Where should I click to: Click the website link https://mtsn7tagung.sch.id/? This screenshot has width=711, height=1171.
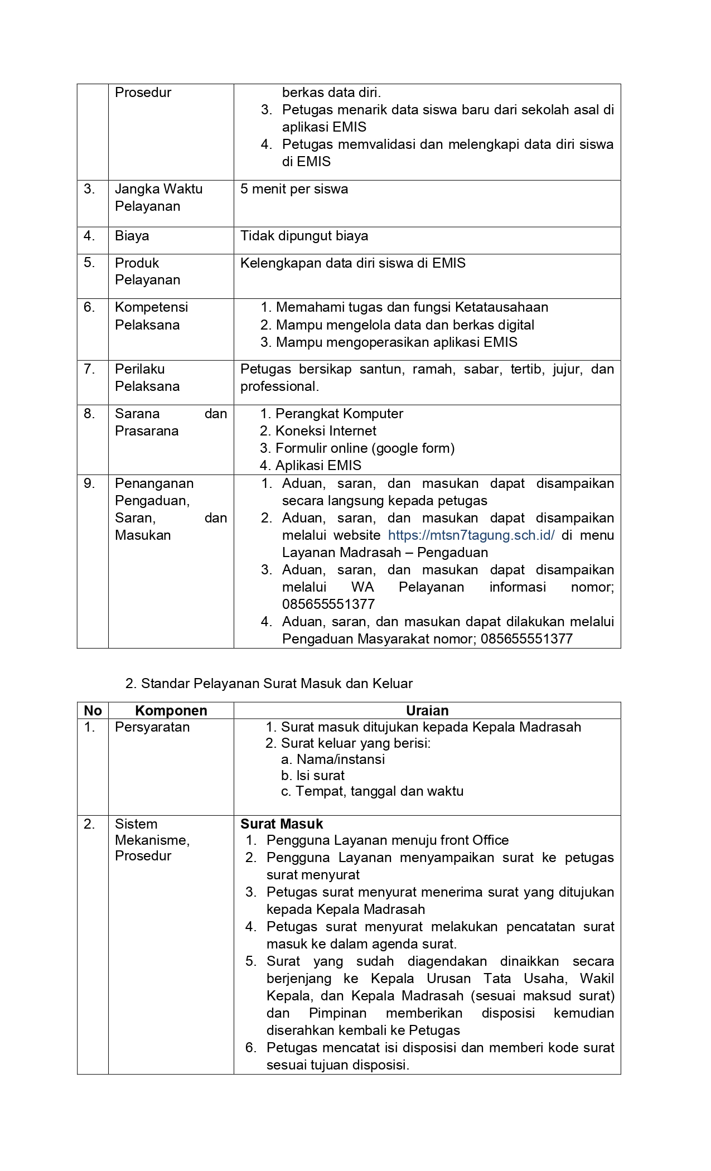click(471, 535)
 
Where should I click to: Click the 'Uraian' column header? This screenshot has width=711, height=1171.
click(427, 710)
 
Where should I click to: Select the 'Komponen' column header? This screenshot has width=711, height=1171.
click(171, 710)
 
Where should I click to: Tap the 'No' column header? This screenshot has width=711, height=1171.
click(93, 710)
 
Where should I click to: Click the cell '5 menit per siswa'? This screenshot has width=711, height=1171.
click(294, 189)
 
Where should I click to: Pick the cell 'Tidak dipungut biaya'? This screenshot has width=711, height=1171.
click(304, 236)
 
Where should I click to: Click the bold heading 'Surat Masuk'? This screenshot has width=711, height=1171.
click(282, 824)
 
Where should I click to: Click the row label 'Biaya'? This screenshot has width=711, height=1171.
click(132, 236)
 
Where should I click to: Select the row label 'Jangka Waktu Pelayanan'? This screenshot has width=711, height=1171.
click(158, 197)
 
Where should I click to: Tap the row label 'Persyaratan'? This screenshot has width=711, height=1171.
click(152, 727)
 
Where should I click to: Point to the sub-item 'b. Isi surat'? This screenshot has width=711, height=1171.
click(313, 776)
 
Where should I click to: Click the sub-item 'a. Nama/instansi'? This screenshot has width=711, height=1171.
click(333, 759)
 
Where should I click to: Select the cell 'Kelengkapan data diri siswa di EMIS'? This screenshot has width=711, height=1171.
click(352, 263)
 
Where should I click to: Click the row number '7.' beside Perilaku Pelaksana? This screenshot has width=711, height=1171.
click(89, 369)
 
